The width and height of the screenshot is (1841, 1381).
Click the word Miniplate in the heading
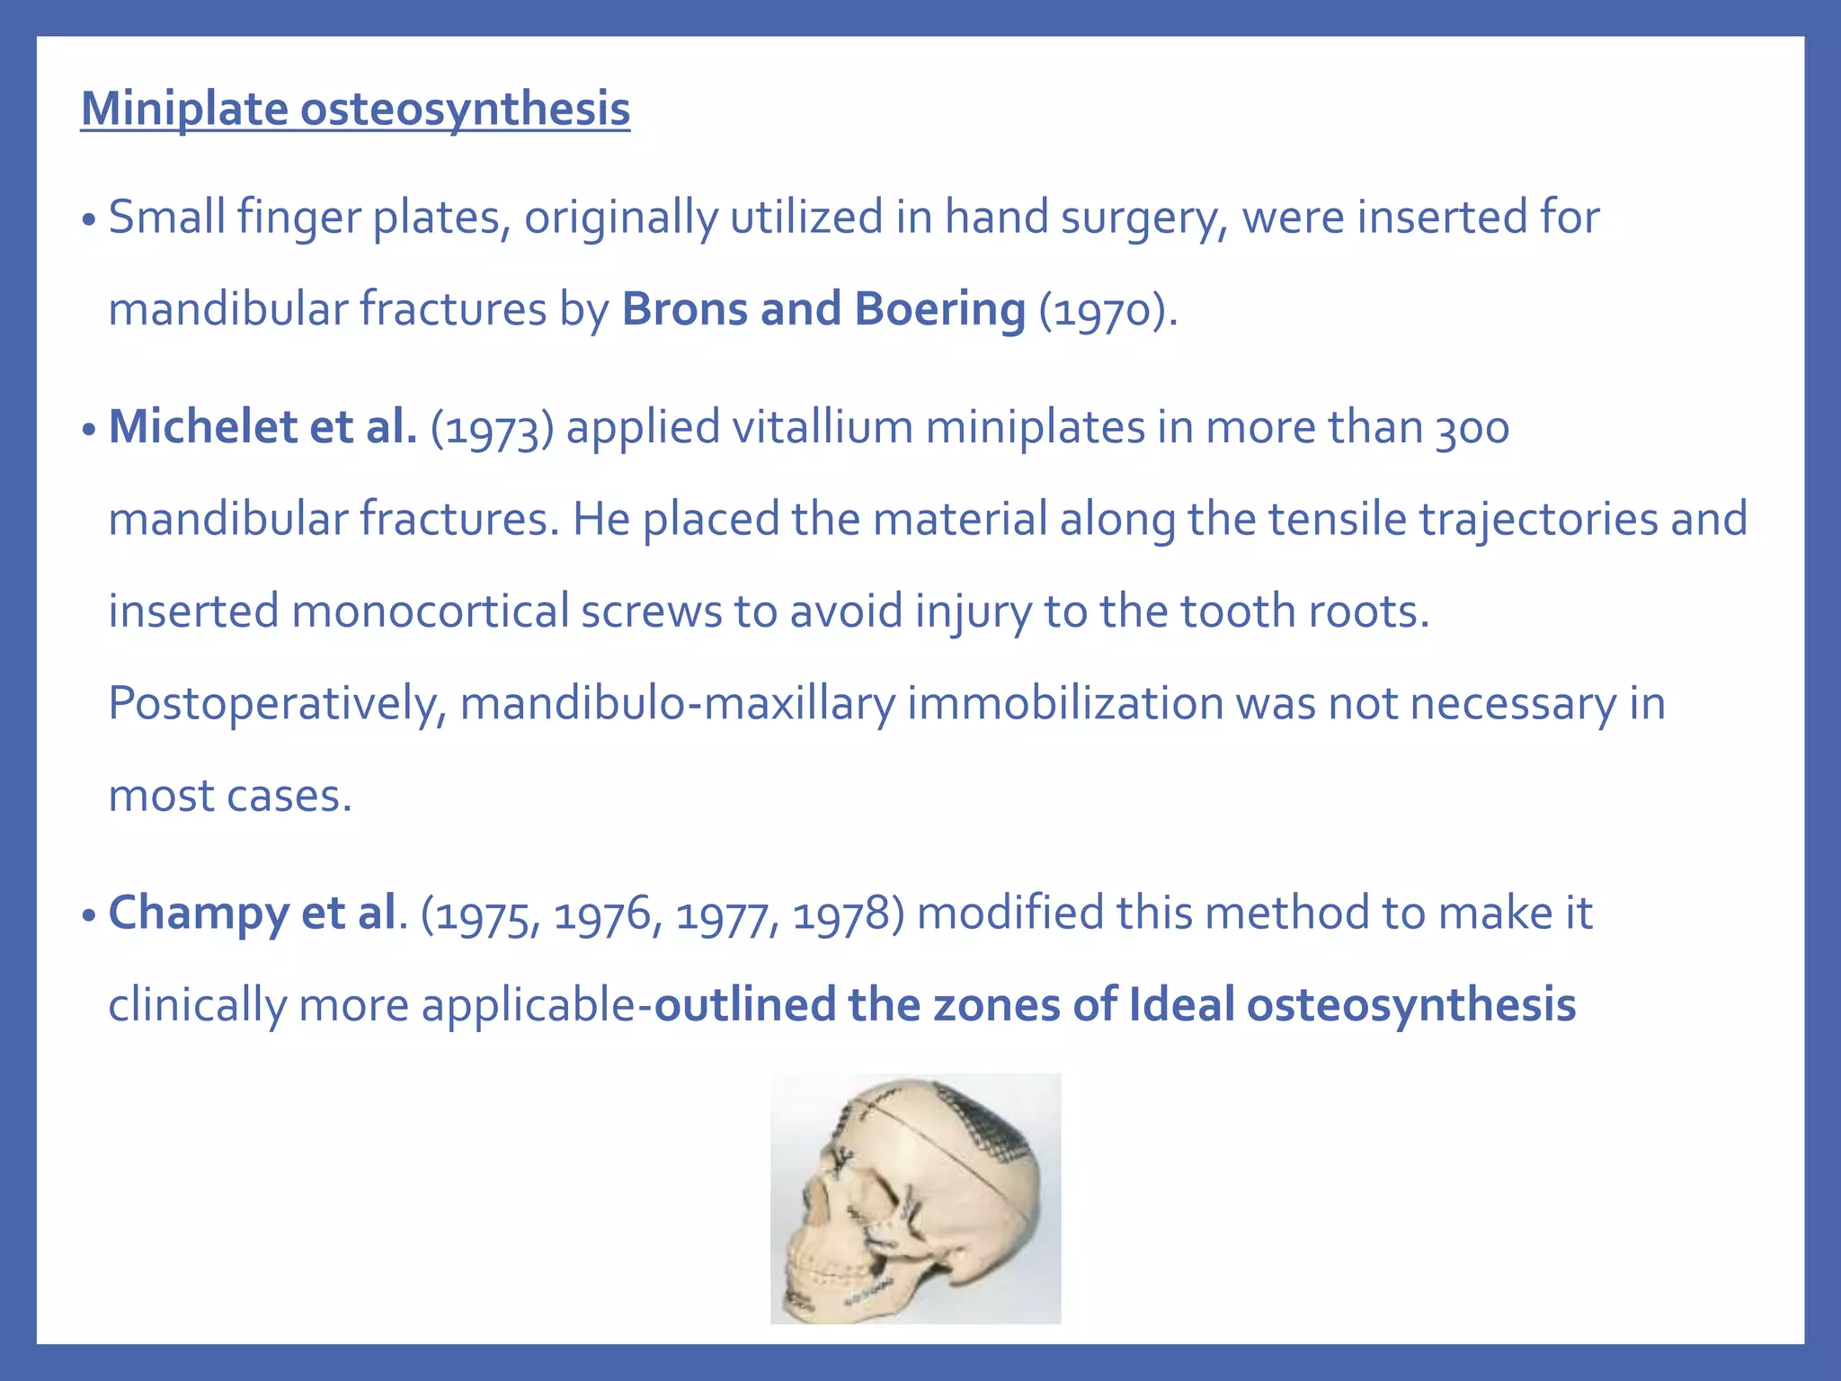183,109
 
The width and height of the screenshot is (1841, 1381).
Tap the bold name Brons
684,308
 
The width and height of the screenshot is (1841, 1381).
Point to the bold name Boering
939,310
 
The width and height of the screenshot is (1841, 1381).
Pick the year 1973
492,428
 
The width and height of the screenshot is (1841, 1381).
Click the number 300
1472,428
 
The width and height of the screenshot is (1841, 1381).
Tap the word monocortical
430,611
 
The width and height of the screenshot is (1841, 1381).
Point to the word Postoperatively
276,704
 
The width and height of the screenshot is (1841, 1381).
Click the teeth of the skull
814,1286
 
